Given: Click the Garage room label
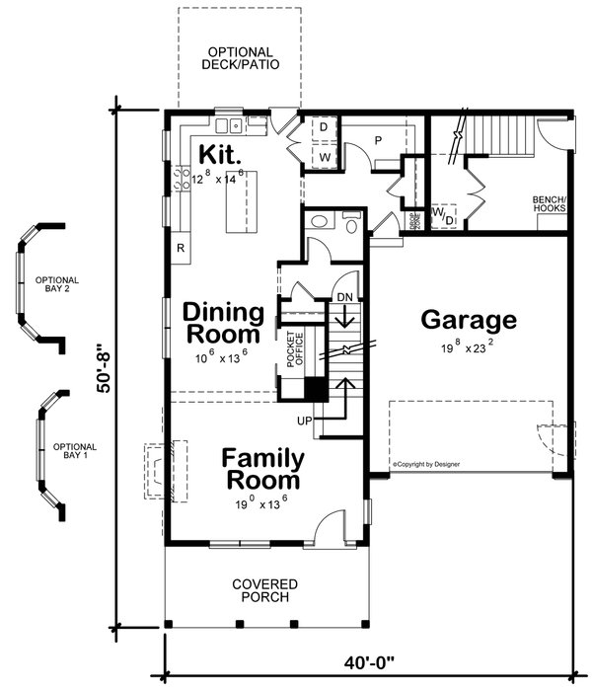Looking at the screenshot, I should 469,320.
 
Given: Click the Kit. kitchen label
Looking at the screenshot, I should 218,156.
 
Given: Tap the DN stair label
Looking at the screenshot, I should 344,297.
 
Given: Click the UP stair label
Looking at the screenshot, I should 306,422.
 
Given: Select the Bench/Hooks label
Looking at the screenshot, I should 549,203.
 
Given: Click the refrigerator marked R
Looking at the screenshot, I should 181,248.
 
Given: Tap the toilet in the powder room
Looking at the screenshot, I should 318,225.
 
